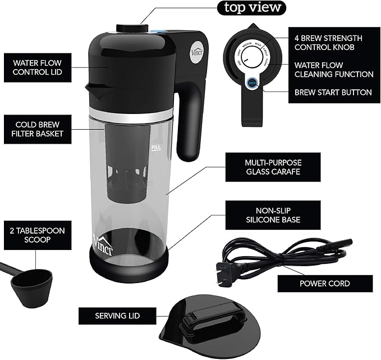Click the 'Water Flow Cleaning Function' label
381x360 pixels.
(x=333, y=69)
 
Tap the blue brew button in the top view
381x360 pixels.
(x=252, y=82)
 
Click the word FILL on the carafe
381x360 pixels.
(x=156, y=147)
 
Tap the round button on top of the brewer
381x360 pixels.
(x=132, y=27)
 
